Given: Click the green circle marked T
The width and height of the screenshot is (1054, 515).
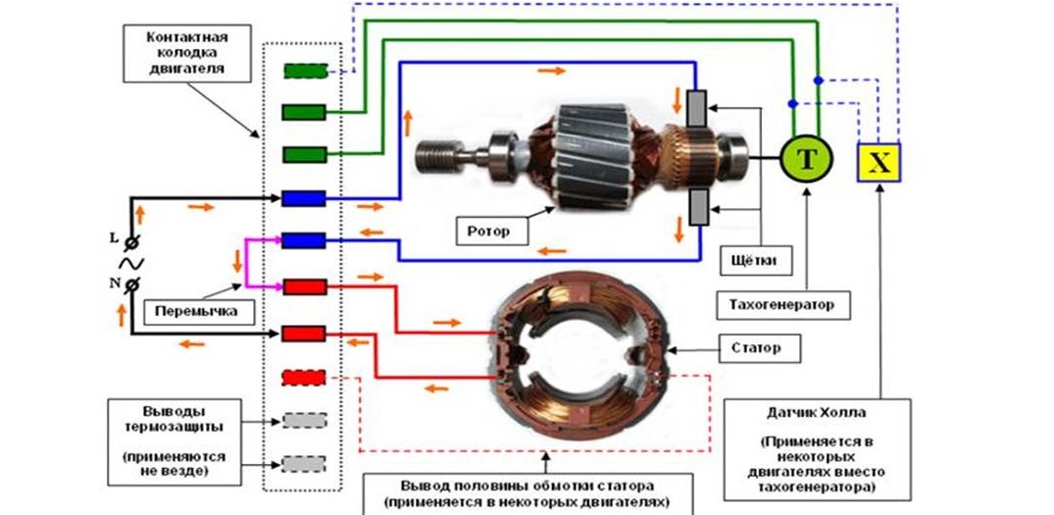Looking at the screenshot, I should coord(805,157).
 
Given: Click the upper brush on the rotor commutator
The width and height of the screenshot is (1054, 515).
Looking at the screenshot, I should coord(697,109).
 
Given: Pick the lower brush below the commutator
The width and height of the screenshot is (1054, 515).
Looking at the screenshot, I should coord(697,209).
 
